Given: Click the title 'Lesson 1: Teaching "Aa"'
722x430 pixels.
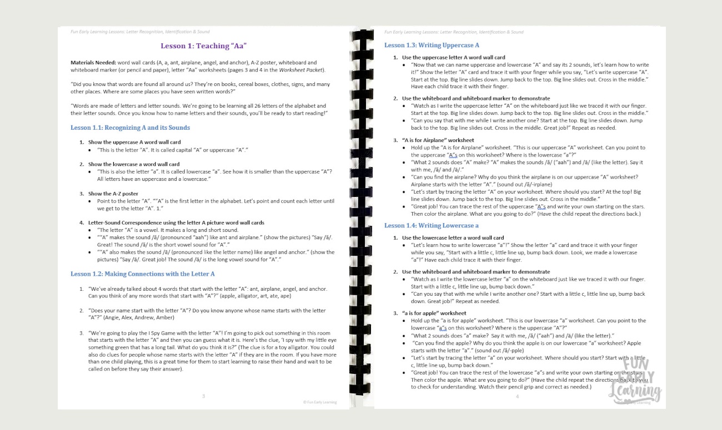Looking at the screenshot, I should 203,46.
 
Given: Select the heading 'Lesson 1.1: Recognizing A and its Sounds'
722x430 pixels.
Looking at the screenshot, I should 130,128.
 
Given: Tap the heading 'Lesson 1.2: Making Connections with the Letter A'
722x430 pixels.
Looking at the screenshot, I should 142,274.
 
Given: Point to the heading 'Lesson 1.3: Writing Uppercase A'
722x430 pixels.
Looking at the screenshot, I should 432,45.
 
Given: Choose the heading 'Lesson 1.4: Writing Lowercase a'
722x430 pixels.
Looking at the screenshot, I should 431,226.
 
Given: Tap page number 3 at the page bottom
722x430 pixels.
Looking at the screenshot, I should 203,396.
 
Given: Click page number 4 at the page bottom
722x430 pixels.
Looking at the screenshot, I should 517,397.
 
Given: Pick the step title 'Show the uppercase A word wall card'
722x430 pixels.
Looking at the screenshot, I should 134,142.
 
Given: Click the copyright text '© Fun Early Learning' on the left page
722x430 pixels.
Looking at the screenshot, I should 319,402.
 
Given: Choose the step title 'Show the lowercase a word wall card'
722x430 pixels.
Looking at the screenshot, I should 134,164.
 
